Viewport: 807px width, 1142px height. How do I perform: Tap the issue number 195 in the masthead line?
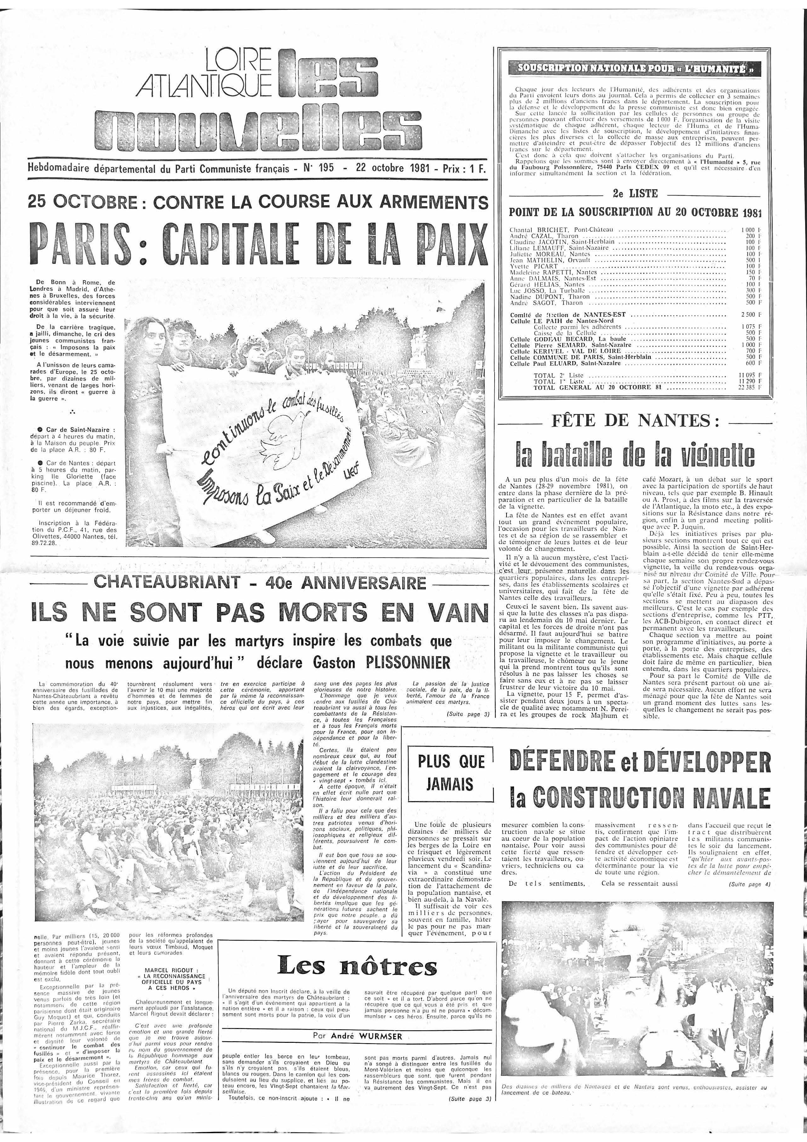326,168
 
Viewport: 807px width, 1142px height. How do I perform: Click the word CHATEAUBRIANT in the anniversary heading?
171,582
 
